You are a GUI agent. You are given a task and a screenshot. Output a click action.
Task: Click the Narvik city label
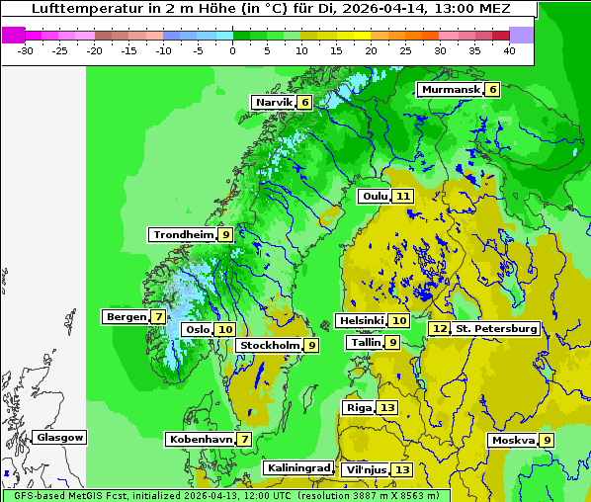pos(275,103)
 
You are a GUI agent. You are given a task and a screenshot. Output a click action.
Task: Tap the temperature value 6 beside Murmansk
pos(492,90)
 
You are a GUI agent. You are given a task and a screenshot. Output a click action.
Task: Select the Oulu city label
pos(376,197)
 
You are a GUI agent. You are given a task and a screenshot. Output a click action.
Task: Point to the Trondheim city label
pos(183,235)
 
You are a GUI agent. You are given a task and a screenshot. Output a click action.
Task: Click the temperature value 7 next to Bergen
pos(158,317)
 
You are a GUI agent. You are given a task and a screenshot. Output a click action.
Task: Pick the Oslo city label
pos(198,330)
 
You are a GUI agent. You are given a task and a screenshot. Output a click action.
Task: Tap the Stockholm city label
pos(270,346)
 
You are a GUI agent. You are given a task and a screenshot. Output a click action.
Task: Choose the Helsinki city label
pos(361,321)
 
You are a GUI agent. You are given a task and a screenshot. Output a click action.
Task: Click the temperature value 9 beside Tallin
pos(392,343)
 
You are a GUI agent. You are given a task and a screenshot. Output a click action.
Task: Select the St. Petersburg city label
pos(496,328)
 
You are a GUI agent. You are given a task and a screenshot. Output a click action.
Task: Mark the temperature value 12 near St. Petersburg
pos(439,328)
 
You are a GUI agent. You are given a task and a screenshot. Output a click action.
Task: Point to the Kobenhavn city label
pos(201,439)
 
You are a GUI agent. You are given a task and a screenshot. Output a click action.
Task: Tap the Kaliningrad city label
pos(297,468)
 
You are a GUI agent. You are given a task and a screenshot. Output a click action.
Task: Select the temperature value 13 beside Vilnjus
pos(401,469)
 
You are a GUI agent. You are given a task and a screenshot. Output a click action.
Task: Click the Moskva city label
pos(513,441)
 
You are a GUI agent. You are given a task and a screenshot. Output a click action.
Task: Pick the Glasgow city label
pos(60,438)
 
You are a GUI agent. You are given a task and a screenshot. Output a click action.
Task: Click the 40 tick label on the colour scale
pos(509,50)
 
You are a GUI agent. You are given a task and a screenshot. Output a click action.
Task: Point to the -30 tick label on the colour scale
pos(26,50)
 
